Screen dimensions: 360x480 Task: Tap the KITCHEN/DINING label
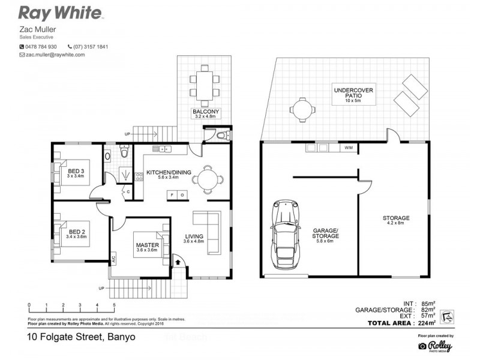(x=169, y=173)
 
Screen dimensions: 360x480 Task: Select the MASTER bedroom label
(x=147, y=246)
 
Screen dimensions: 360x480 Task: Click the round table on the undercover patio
(x=300, y=110)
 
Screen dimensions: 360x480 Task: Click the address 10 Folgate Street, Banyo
(x=81, y=337)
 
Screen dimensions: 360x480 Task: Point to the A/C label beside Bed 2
(x=112, y=259)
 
